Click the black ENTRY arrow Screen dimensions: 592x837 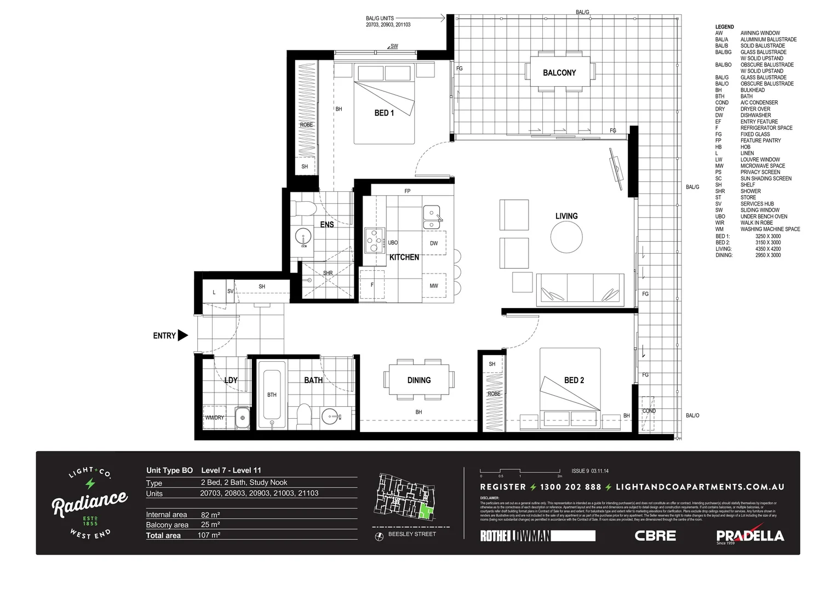coord(183,335)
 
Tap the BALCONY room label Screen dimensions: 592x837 coord(559,73)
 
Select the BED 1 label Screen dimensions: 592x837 coord(384,113)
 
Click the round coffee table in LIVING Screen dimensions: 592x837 coord(566,237)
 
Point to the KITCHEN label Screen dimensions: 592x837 coord(404,257)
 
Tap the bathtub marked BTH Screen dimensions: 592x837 coord(272,394)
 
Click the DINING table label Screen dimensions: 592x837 coord(419,380)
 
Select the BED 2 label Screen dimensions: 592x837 coord(574,380)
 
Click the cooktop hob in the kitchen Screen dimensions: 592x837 coord(374,240)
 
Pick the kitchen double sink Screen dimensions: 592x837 coord(432,217)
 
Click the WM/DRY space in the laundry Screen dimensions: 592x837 coord(214,417)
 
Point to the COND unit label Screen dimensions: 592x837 coord(649,411)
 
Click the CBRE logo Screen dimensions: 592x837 coord(655,536)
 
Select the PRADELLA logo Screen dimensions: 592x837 coord(749,536)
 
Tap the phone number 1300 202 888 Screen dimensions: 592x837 coord(570,487)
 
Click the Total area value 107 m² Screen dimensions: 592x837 coord(209,535)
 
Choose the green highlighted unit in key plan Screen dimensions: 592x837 coord(425,513)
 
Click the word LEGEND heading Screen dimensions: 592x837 coord(724,27)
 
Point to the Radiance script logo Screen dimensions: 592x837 coord(90,502)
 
